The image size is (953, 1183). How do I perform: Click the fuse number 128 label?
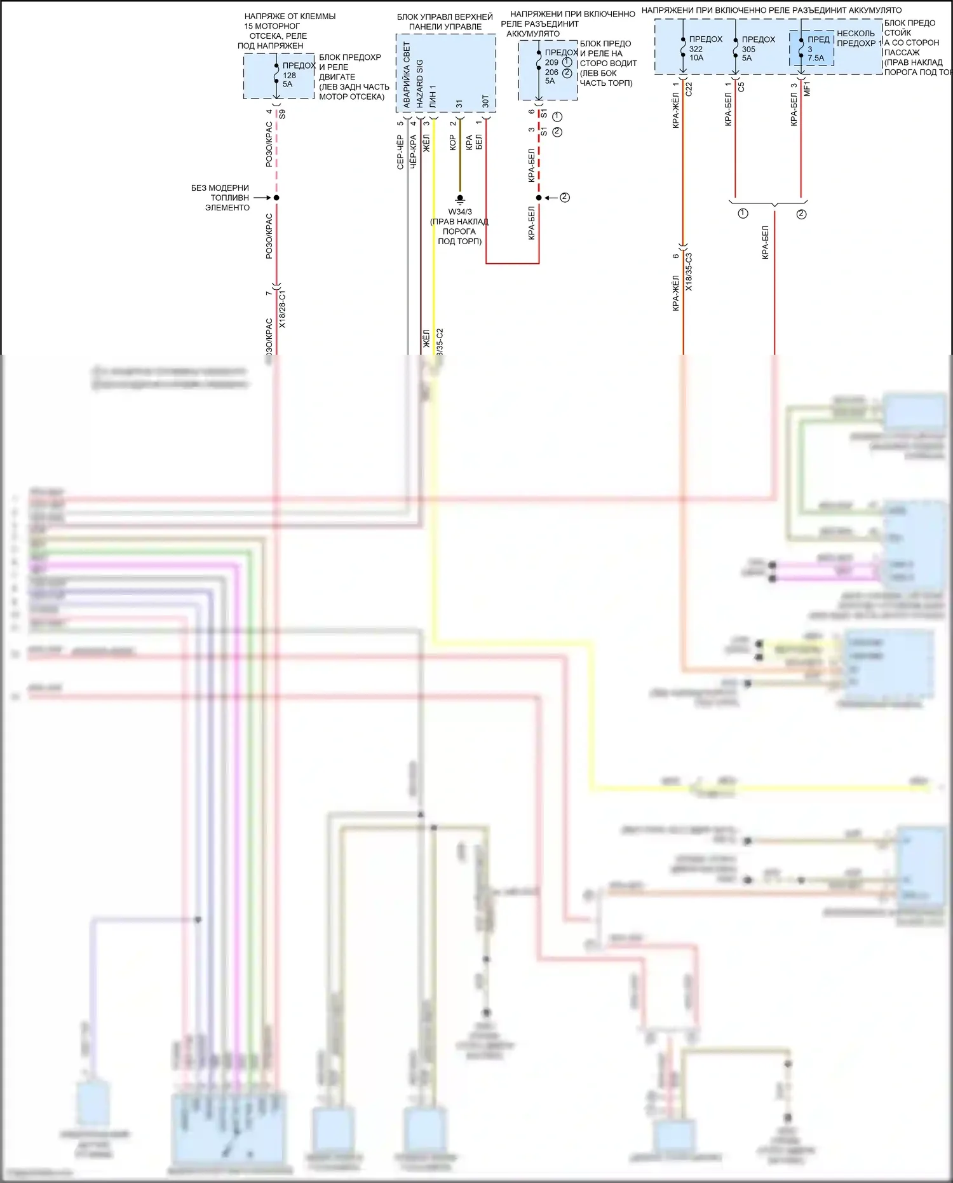289,75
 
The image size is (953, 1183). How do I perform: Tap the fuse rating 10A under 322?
696,58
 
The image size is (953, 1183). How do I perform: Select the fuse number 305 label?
748,49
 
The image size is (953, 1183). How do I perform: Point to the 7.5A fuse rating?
816,58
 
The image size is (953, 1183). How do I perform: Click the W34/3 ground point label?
460,212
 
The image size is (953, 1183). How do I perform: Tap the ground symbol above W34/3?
460,198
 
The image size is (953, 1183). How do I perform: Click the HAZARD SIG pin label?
419,83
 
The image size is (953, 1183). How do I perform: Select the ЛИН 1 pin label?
433,95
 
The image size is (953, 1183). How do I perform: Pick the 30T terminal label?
485,101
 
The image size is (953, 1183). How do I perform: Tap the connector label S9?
282,114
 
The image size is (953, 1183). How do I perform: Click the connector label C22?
689,88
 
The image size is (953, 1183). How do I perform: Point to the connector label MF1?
808,88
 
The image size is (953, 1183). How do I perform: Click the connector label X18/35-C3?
689,272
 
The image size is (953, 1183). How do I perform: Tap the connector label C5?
741,86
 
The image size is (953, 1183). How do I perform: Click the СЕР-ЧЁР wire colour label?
400,152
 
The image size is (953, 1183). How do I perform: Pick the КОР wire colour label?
452,142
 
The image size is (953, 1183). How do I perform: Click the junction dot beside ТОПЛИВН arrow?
276,198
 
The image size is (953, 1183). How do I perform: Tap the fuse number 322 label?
696,49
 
